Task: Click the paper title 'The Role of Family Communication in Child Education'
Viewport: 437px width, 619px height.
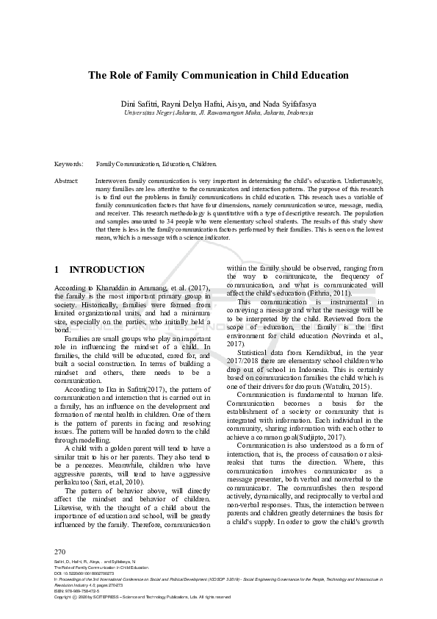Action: (x=218, y=75)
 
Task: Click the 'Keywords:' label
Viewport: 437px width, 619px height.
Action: (x=68, y=163)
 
